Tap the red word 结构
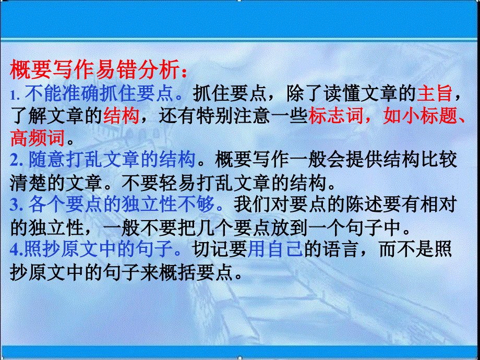click(x=121, y=115)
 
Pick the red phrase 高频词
click(x=38, y=138)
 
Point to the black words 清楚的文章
click(x=57, y=182)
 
